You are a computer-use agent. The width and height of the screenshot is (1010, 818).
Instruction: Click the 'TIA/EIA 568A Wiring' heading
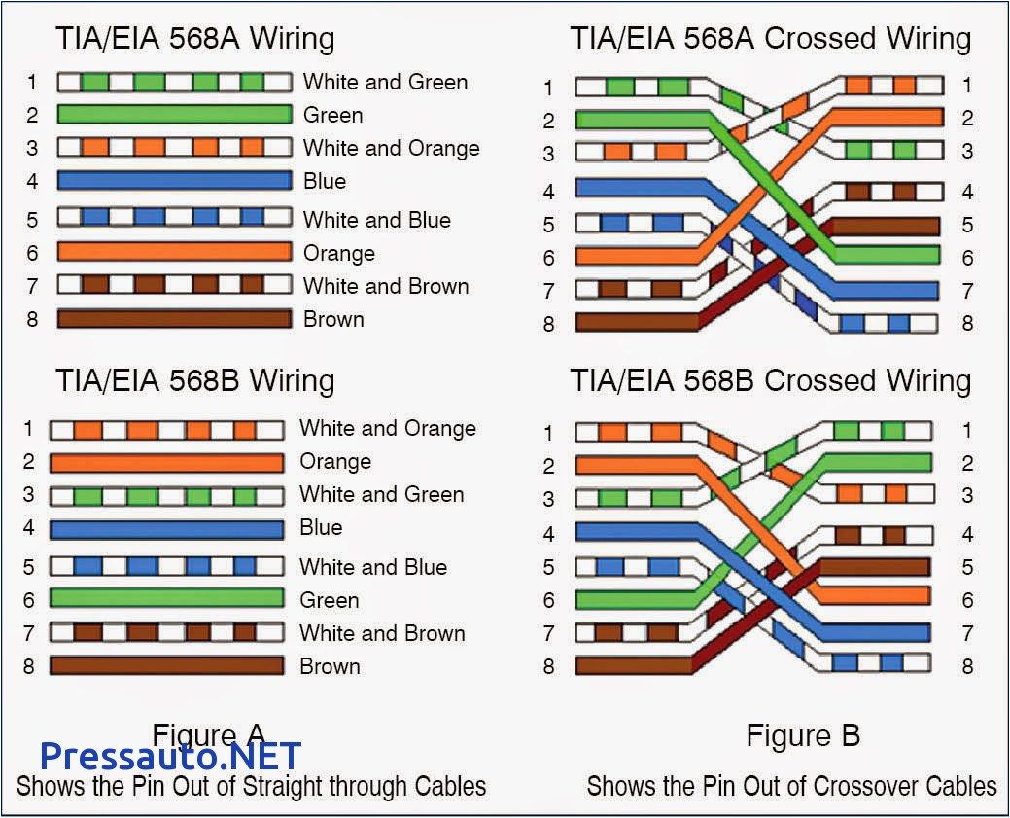click(194, 39)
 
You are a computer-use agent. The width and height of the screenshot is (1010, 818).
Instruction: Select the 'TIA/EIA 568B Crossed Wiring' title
click(770, 380)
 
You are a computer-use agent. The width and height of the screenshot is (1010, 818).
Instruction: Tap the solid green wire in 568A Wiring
click(174, 115)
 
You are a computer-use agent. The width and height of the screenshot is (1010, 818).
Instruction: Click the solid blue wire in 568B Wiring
click(166, 529)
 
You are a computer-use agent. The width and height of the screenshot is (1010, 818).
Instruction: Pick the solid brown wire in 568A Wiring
click(174, 319)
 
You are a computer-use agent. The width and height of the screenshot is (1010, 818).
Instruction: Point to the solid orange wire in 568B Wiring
click(166, 462)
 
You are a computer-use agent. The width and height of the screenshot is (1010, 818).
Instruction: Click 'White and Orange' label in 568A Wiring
click(391, 148)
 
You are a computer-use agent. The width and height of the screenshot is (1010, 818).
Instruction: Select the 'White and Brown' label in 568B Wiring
click(382, 633)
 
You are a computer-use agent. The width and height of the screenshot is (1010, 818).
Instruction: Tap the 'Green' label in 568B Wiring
click(329, 600)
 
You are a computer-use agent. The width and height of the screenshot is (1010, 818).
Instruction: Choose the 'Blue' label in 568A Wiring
click(324, 181)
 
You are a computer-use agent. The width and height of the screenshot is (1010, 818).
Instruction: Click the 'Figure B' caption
click(803, 735)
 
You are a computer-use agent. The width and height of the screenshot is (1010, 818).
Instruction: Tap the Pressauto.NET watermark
click(170, 756)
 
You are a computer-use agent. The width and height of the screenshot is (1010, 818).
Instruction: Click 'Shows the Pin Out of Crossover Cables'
click(791, 786)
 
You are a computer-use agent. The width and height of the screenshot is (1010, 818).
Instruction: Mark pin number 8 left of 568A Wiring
click(32, 319)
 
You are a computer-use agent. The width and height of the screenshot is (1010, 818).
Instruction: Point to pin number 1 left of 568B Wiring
click(29, 429)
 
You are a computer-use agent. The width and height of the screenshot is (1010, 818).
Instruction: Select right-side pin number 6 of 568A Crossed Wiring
click(967, 258)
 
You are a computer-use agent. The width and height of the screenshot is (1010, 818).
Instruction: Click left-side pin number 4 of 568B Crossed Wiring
click(549, 534)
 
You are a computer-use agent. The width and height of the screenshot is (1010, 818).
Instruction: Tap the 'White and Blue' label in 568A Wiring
click(376, 220)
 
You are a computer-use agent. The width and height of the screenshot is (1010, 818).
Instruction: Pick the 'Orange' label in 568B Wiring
click(334, 461)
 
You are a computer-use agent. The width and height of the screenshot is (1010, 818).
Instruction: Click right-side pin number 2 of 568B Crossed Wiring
click(967, 463)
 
